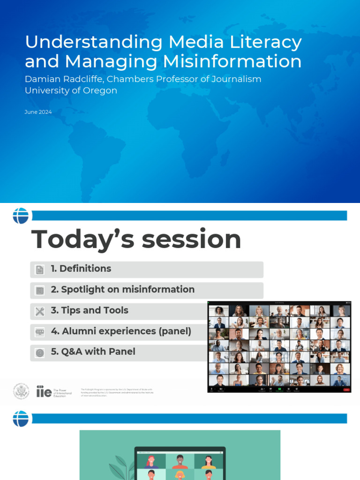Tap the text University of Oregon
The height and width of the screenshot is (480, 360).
click(x=71, y=90)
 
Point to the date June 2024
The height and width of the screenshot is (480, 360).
click(x=38, y=112)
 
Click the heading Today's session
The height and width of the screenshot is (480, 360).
click(x=136, y=239)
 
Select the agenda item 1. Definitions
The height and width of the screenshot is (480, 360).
click(x=81, y=269)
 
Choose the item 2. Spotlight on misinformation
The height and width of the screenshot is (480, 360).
click(x=122, y=290)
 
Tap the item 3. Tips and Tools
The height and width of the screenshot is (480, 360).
click(x=89, y=310)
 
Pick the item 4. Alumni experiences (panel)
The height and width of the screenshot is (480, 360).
click(x=121, y=331)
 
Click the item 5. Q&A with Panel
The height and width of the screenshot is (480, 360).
click(x=93, y=352)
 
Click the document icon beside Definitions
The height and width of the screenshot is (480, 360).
click(x=40, y=270)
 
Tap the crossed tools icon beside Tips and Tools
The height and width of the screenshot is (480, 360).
click(x=40, y=311)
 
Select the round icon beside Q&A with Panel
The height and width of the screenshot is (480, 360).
click(x=40, y=352)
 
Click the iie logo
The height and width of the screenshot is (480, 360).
click(x=44, y=391)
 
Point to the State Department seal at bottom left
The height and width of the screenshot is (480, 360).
click(x=21, y=391)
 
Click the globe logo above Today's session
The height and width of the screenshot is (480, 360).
click(x=21, y=216)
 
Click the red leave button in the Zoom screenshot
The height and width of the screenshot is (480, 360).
click(x=346, y=390)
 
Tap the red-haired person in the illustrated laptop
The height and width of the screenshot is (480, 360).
click(x=151, y=461)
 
